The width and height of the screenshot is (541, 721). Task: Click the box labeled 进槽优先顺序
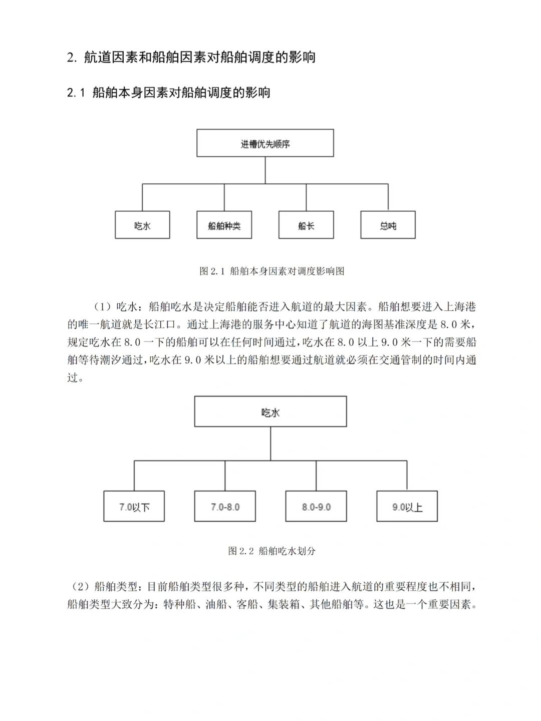click(265, 143)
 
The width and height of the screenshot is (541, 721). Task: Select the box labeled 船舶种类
click(224, 225)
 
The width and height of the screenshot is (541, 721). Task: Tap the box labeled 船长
click(306, 225)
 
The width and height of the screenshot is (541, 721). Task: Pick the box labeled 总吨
click(388, 225)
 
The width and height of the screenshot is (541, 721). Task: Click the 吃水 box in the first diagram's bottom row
click(142, 225)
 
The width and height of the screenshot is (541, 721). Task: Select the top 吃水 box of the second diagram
click(270, 412)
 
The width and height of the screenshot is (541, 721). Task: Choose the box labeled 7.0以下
click(134, 506)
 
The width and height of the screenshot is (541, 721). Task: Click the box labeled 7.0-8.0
click(225, 506)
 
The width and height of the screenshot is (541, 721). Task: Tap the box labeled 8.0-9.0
click(316, 506)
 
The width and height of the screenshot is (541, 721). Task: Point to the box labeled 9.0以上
click(407, 506)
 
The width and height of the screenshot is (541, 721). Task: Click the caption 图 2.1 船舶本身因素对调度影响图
click(272, 271)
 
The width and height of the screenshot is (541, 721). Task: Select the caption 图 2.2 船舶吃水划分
click(272, 551)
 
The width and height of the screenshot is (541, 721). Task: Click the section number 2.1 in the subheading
click(77, 93)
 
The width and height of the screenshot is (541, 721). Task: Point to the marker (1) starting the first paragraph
click(103, 307)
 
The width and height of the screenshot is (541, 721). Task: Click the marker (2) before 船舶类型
click(81, 586)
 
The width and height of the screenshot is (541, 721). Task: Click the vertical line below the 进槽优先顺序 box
click(265, 170)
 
